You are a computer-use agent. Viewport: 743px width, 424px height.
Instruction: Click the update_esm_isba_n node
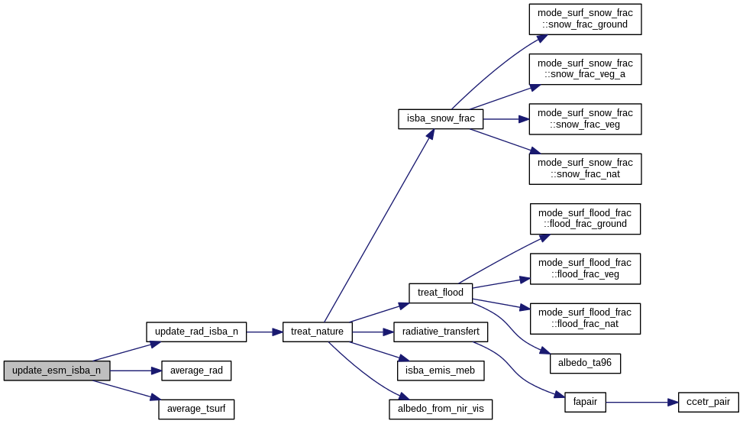(57, 371)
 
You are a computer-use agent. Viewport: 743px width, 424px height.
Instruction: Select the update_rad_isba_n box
(196, 332)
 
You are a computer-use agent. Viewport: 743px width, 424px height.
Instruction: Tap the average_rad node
(195, 371)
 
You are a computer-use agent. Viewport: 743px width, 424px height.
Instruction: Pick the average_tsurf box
(195, 409)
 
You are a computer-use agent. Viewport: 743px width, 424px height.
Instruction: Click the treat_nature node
(318, 332)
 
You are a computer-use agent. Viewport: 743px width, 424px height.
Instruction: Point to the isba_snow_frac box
(441, 118)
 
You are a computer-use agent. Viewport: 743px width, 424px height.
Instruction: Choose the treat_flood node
(441, 293)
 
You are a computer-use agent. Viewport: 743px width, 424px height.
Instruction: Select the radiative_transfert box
(441, 332)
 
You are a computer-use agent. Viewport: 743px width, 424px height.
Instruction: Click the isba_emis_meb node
(441, 371)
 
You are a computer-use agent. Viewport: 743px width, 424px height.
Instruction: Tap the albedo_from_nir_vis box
(441, 409)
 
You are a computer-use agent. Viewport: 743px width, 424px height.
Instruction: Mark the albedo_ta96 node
(585, 363)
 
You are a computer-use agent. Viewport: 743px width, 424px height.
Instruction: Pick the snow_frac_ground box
(585, 18)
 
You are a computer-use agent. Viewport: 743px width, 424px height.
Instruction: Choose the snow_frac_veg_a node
(585, 69)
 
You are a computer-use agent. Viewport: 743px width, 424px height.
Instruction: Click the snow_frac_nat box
(585, 168)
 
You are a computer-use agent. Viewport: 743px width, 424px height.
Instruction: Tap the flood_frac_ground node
(585, 218)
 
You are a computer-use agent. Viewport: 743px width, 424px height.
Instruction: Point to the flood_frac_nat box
(585, 318)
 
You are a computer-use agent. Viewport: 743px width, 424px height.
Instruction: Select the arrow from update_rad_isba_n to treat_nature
(264, 332)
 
